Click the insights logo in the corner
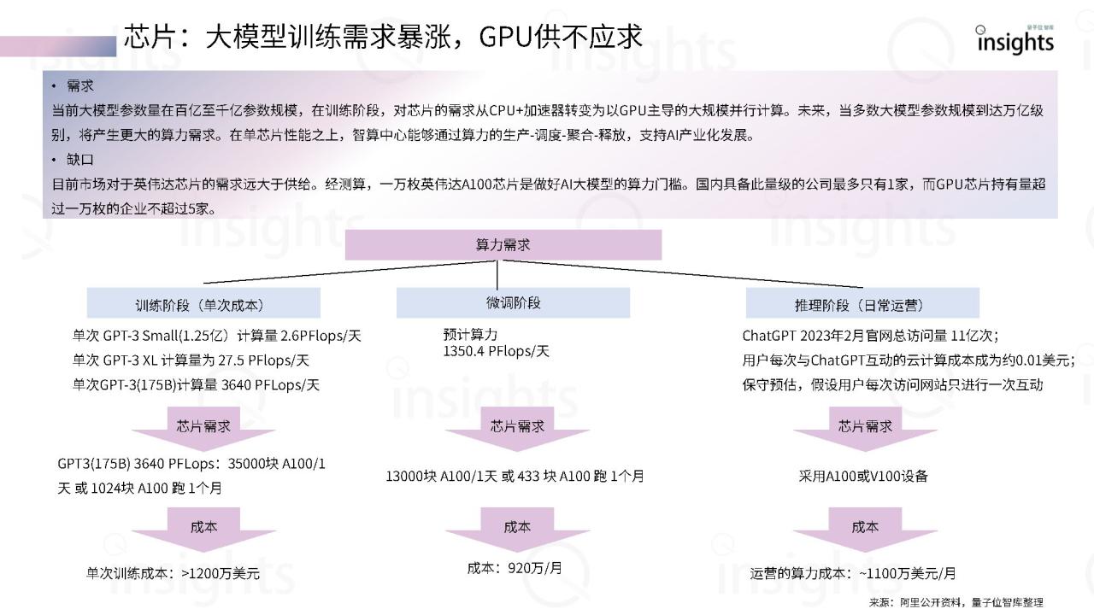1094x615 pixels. [1015, 40]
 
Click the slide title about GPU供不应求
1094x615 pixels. [383, 36]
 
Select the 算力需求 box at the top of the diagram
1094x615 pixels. [503, 244]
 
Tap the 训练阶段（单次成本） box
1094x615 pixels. [203, 303]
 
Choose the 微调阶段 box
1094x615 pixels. [513, 302]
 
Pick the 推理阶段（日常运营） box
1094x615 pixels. [862, 303]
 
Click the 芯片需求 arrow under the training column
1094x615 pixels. [203, 430]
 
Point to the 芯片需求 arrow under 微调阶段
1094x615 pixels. [517, 430]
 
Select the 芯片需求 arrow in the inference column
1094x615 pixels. [865, 430]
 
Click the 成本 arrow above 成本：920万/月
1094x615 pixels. [517, 530]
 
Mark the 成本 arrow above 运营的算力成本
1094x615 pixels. [865, 530]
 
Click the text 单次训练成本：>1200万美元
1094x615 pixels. [173, 574]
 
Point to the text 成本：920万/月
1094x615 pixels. [515, 567]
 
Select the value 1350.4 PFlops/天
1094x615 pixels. [496, 351]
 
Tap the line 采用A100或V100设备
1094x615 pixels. [862, 476]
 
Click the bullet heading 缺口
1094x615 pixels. [80, 159]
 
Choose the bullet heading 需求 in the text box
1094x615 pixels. [80, 86]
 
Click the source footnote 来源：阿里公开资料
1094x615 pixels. [956, 602]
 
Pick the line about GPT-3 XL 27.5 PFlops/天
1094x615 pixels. [191, 360]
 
